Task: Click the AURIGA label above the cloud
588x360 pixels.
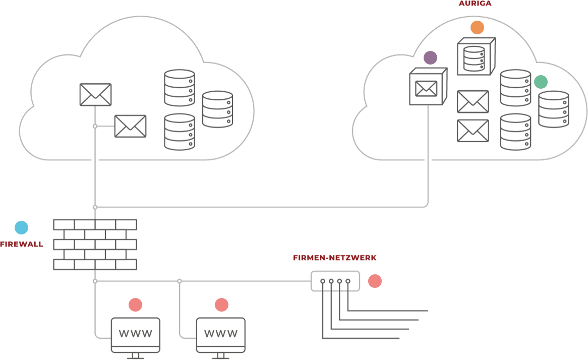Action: (475, 3)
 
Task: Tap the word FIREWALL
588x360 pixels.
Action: (21, 245)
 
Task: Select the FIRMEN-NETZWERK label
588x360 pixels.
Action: (334, 258)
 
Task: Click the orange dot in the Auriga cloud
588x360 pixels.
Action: (477, 28)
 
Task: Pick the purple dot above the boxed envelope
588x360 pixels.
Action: (430, 57)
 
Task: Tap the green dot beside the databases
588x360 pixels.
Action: (541, 82)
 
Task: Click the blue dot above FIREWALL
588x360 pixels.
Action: (21, 228)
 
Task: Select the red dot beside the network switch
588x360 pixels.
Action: (375, 281)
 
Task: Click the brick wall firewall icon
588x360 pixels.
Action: (95, 244)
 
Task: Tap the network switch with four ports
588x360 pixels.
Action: (335, 281)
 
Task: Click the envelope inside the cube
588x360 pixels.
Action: (426, 89)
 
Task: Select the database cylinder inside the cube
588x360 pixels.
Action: (474, 58)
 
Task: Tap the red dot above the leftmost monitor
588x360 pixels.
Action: (135, 305)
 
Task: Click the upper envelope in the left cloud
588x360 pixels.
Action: (95, 94)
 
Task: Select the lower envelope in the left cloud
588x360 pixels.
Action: (130, 126)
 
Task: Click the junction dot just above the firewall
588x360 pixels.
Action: (95, 207)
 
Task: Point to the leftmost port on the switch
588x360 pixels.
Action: (323, 281)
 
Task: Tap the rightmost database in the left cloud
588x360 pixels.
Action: (217, 109)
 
